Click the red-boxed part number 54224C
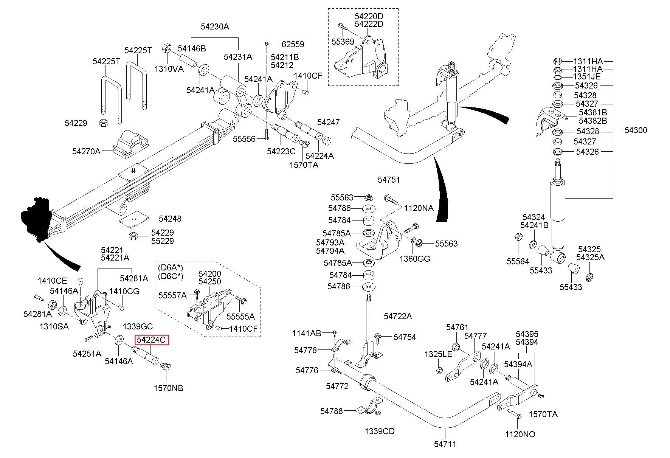point(151,340)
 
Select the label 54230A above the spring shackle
point(215,26)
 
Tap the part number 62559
point(293,44)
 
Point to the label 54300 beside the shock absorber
point(636,130)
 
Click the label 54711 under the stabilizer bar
point(445,443)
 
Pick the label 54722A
point(398,316)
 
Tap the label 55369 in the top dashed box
point(343,42)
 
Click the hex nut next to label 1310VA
point(166,48)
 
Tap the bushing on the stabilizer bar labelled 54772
point(367,383)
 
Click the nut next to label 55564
point(519,238)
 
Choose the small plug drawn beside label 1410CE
point(80,281)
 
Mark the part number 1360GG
point(415,259)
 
